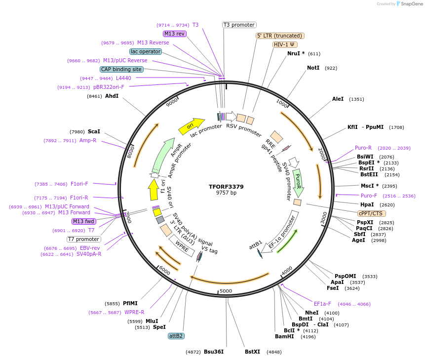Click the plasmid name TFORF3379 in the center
tap(226, 187)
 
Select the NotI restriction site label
tap(313, 68)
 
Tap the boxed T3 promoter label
tap(239, 25)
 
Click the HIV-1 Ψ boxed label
tap(285, 44)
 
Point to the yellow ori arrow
tap(191, 126)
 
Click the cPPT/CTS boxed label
tap(371, 213)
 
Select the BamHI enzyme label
tap(284, 336)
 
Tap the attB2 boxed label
tap(176, 336)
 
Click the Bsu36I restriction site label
tap(214, 352)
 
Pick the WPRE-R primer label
tap(134, 312)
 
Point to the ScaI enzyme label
tap(94, 131)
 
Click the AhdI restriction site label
tap(112, 96)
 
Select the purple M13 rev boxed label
tap(174, 34)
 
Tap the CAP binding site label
tap(121, 70)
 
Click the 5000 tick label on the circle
tap(226, 291)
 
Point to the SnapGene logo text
tap(411, 3)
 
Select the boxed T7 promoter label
tap(83, 239)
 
